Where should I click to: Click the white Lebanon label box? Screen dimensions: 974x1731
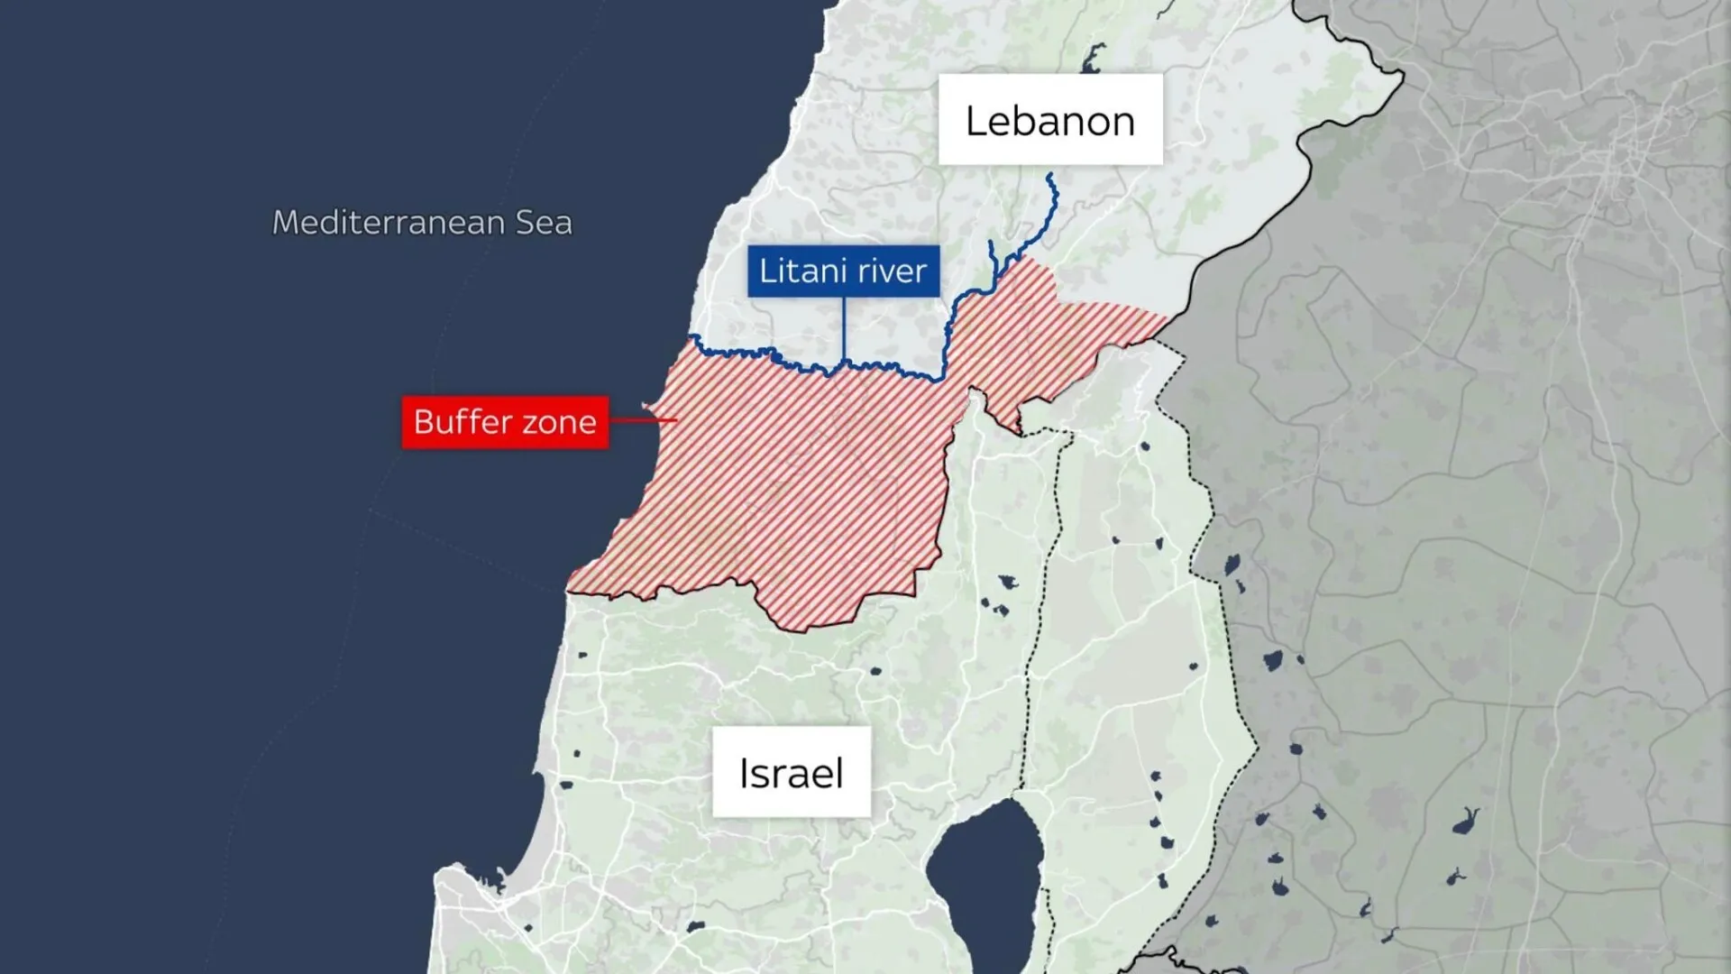click(x=1050, y=120)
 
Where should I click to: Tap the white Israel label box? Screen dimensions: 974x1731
click(x=792, y=772)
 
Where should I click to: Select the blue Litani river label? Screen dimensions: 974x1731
click(x=843, y=271)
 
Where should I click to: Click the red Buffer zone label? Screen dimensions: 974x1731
click(x=505, y=422)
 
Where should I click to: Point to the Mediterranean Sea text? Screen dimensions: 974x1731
click(x=422, y=222)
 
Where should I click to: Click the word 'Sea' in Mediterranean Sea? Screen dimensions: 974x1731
click(x=544, y=222)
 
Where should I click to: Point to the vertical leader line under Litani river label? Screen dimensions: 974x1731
click(x=843, y=329)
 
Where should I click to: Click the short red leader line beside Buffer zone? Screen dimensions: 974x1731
click(x=642, y=419)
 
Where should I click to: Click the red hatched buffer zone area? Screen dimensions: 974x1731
click(x=793, y=487)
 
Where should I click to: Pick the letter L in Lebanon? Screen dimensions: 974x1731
click(x=975, y=121)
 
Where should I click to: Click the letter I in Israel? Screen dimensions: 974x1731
click(x=743, y=773)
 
